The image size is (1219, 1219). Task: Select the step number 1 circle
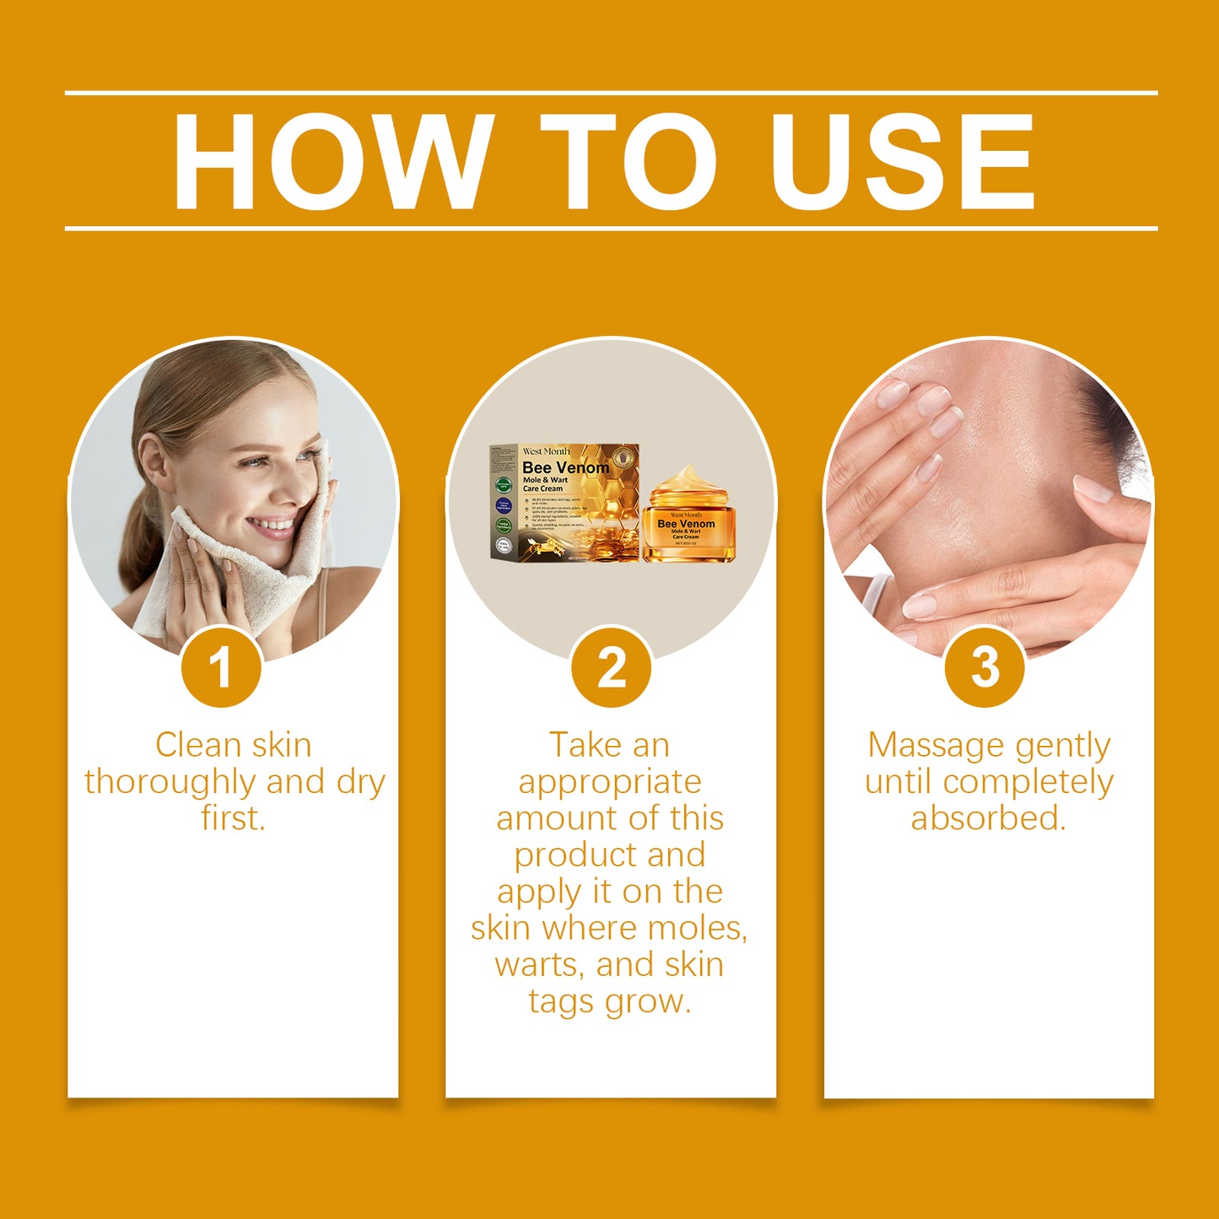coord(221,667)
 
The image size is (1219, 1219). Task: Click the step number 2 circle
coord(611,667)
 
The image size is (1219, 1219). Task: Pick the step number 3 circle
coord(984,667)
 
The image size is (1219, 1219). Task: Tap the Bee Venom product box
coord(564,503)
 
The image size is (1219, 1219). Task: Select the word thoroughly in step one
coord(170,782)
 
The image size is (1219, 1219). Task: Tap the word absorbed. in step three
coord(989,818)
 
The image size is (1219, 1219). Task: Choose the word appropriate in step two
coord(610,782)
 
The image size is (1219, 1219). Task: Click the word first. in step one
coord(233,818)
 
